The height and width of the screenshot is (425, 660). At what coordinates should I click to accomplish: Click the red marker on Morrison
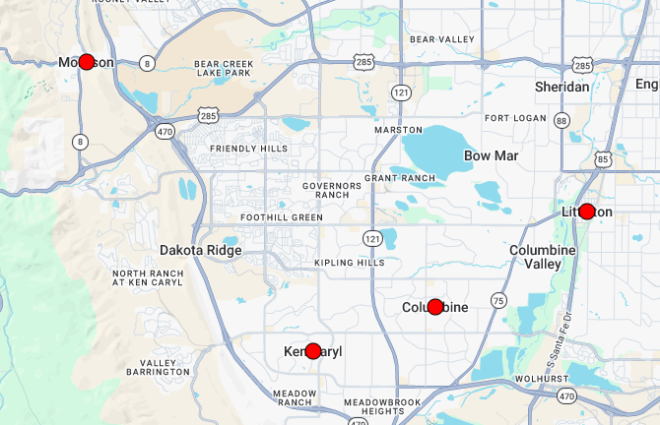(86, 62)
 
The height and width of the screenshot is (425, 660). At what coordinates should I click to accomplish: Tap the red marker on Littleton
(587, 212)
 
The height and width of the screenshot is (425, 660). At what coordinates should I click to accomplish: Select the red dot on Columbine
(435, 307)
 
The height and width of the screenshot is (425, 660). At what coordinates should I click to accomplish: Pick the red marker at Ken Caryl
(313, 351)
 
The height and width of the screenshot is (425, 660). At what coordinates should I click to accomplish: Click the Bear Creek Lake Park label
(224, 67)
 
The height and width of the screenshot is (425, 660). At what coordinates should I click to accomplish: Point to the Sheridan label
(561, 87)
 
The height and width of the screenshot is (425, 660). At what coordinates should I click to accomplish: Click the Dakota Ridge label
(200, 250)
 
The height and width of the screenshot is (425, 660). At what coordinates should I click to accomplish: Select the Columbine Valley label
(541, 257)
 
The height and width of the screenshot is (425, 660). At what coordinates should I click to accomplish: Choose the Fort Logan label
(510, 119)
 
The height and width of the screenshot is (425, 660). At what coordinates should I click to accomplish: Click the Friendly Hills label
(249, 149)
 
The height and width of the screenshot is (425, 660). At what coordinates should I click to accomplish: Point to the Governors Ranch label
(326, 190)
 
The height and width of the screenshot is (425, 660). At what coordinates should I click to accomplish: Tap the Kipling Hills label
(350, 264)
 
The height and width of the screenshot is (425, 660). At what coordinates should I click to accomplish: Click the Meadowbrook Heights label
(383, 407)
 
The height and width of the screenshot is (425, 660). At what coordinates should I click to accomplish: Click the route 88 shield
(562, 120)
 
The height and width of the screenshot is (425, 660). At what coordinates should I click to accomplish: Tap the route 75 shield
(498, 300)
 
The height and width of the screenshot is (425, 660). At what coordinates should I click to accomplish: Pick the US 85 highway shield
(602, 157)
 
